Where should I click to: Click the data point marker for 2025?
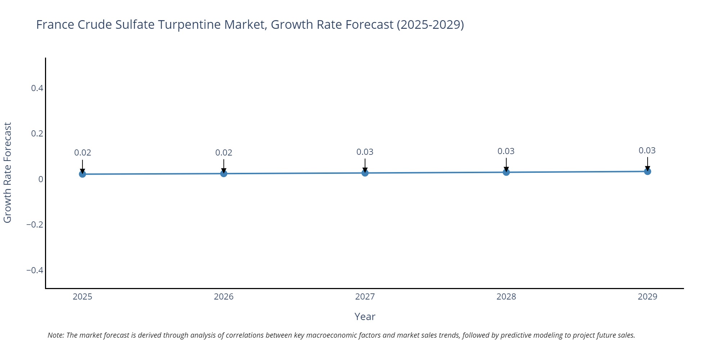pos(82,174)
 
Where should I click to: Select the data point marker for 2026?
pos(224,174)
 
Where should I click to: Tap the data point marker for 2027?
pos(365,173)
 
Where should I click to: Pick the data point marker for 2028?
pos(506,172)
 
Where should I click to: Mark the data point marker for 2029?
pos(647,171)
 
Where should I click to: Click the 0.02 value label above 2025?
pos(82,153)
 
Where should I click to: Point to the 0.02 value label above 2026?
pos(224,153)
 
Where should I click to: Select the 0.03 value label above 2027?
pos(365,152)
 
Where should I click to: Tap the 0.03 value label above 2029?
pos(647,150)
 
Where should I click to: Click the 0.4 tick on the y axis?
pos(37,88)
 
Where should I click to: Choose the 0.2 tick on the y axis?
pos(37,134)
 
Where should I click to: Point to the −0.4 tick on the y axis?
pos(35,270)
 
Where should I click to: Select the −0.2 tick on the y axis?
pos(35,225)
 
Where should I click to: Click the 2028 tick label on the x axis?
pos(506,297)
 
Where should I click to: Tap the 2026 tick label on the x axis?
pos(224,297)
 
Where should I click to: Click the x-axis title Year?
pos(365,317)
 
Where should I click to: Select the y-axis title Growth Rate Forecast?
pos(8,173)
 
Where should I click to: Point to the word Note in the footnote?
pos(55,335)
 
